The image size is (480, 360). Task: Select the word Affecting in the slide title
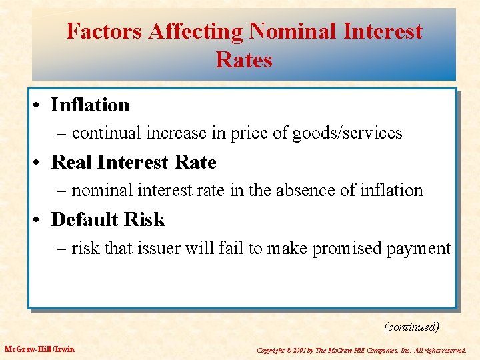point(198,31)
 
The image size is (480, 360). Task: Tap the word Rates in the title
point(244,60)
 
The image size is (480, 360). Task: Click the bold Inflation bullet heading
point(90,105)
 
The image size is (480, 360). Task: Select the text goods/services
point(351,133)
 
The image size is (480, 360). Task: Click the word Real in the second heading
point(69,162)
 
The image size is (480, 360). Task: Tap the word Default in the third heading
point(85,219)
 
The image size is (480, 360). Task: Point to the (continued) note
point(411,327)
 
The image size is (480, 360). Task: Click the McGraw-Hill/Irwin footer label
point(40,349)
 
